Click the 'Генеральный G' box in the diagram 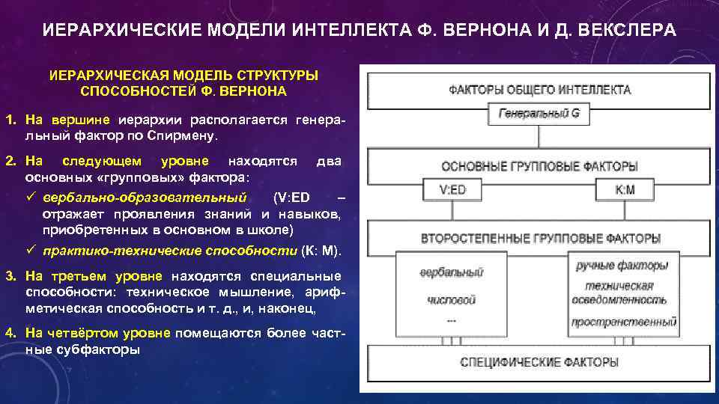[x=539, y=115]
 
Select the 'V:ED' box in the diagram [x=452, y=190]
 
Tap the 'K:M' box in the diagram [x=625, y=190]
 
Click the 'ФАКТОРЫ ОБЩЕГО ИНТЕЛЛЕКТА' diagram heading [x=539, y=90]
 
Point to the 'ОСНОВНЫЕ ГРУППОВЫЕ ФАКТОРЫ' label [x=539, y=166]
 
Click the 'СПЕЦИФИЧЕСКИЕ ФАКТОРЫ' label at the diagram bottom [x=539, y=362]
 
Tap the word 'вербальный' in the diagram [x=452, y=272]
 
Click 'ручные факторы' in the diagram [x=622, y=266]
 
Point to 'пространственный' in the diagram [x=624, y=322]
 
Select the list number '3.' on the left [x=10, y=276]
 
